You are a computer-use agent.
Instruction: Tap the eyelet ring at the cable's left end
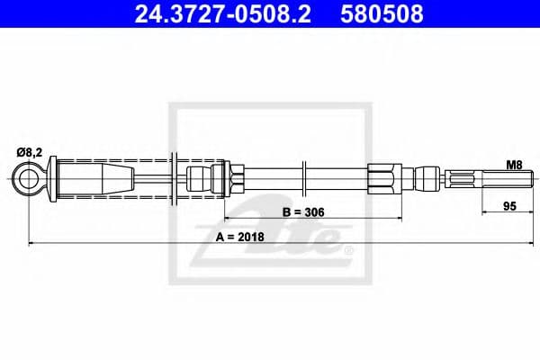point(29,179)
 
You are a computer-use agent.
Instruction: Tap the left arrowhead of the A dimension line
point(32,243)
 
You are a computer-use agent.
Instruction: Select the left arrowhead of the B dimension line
point(226,218)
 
